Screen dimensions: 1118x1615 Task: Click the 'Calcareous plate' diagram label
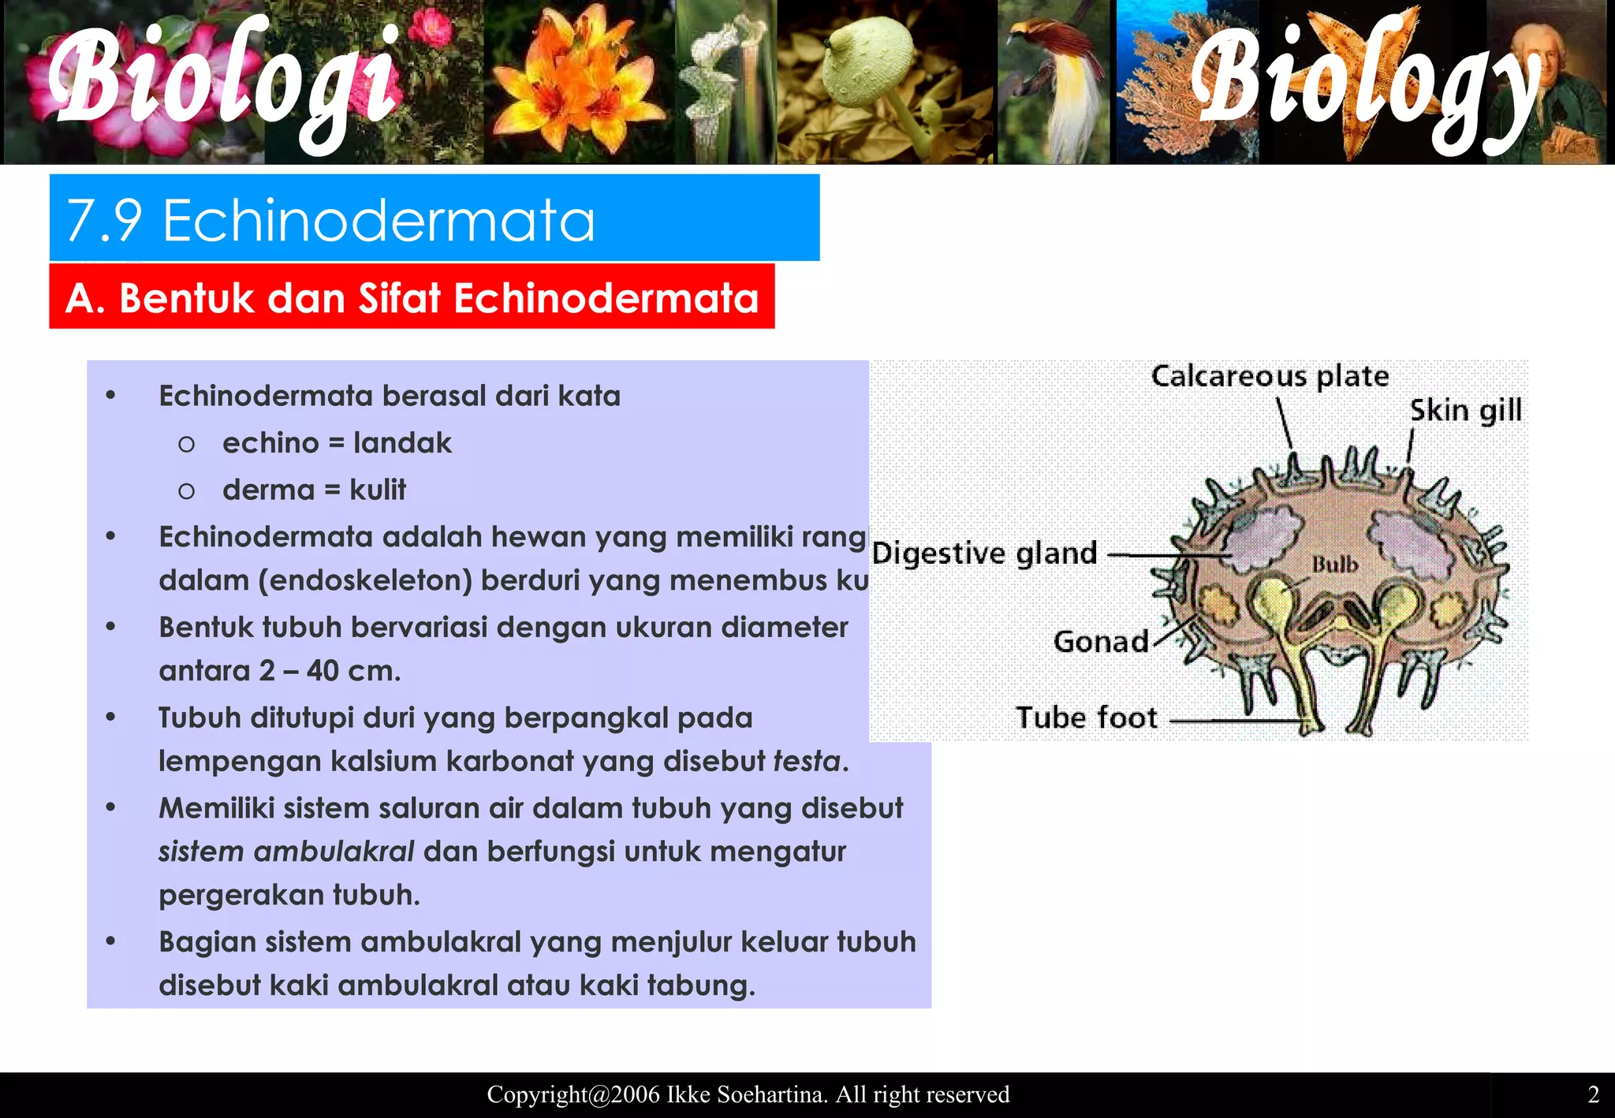click(1270, 376)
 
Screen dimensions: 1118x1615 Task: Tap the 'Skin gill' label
click(1465, 411)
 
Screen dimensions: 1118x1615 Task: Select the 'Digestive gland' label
click(984, 553)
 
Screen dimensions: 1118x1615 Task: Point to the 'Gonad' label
click(1101, 642)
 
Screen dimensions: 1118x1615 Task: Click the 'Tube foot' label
click(1086, 717)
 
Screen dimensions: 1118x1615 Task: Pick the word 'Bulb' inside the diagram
click(1335, 565)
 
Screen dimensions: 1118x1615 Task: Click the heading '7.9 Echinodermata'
click(331, 220)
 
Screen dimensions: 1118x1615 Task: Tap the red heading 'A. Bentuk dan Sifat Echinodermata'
click(412, 298)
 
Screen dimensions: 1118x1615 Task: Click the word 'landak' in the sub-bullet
click(402, 443)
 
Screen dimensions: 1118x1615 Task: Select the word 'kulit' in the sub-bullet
click(378, 490)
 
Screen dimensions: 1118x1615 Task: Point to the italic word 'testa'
click(807, 762)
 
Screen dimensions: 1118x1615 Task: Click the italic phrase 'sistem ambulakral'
click(286, 852)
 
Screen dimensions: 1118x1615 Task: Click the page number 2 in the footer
click(1593, 1094)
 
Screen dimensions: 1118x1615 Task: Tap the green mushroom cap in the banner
click(867, 67)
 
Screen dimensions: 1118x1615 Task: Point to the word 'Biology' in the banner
click(1364, 83)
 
